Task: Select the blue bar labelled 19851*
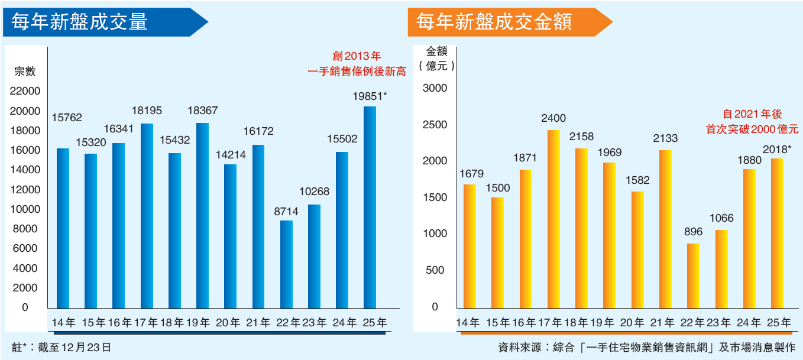click(370, 207)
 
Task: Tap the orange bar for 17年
click(554, 219)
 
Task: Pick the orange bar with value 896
click(694, 276)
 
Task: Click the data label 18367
click(202, 111)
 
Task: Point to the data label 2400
click(553, 118)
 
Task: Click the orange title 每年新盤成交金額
click(494, 22)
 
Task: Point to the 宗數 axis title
click(25, 72)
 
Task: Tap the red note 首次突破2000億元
click(752, 129)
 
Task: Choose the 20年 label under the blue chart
click(230, 323)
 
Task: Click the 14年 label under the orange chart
click(468, 323)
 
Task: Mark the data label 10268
click(314, 192)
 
